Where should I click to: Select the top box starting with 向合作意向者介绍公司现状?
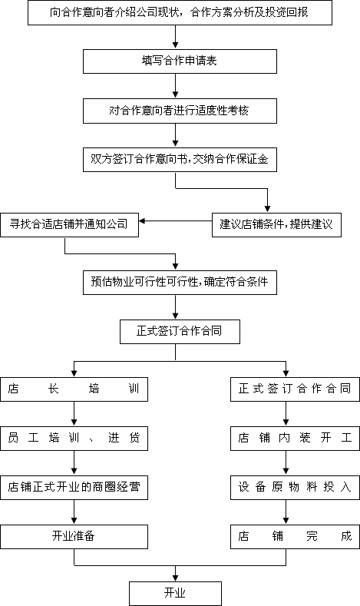[x=180, y=14]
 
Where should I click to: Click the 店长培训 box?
[x=74, y=389]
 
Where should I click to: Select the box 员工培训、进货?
[x=74, y=438]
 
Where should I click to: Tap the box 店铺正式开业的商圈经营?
[x=74, y=486]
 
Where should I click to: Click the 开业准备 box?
[x=74, y=535]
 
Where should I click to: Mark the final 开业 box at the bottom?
[x=175, y=593]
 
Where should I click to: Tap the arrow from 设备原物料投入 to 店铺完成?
[x=286, y=511]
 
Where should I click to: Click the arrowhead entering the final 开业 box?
[x=176, y=576]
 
